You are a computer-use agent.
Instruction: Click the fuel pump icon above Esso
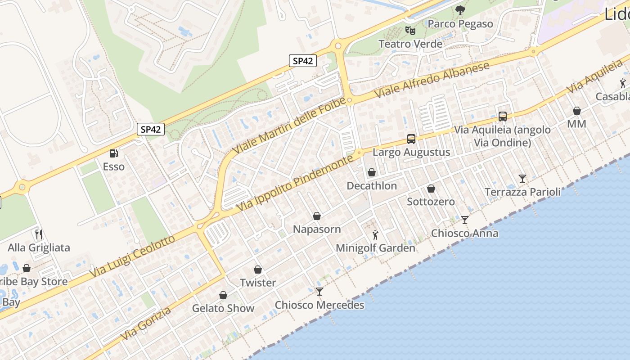click(114, 153)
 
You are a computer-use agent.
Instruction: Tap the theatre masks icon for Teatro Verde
click(409, 31)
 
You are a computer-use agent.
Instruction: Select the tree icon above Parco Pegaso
click(460, 10)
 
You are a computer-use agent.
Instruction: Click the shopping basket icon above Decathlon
click(372, 172)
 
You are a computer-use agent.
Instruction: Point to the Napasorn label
click(317, 229)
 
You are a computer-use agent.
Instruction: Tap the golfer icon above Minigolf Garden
click(375, 235)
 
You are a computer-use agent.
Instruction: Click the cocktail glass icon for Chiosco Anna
click(465, 220)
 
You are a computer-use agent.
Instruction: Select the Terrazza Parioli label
click(522, 192)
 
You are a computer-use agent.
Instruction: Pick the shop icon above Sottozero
click(431, 189)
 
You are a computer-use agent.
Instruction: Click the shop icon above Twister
click(258, 270)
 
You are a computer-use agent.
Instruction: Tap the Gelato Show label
click(223, 308)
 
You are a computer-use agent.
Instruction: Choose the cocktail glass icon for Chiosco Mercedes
click(319, 292)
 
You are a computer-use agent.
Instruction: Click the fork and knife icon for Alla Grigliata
click(39, 234)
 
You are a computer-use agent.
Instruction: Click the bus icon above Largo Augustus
click(411, 139)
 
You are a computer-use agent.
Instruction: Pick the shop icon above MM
click(576, 111)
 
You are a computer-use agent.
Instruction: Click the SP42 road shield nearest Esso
click(150, 130)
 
